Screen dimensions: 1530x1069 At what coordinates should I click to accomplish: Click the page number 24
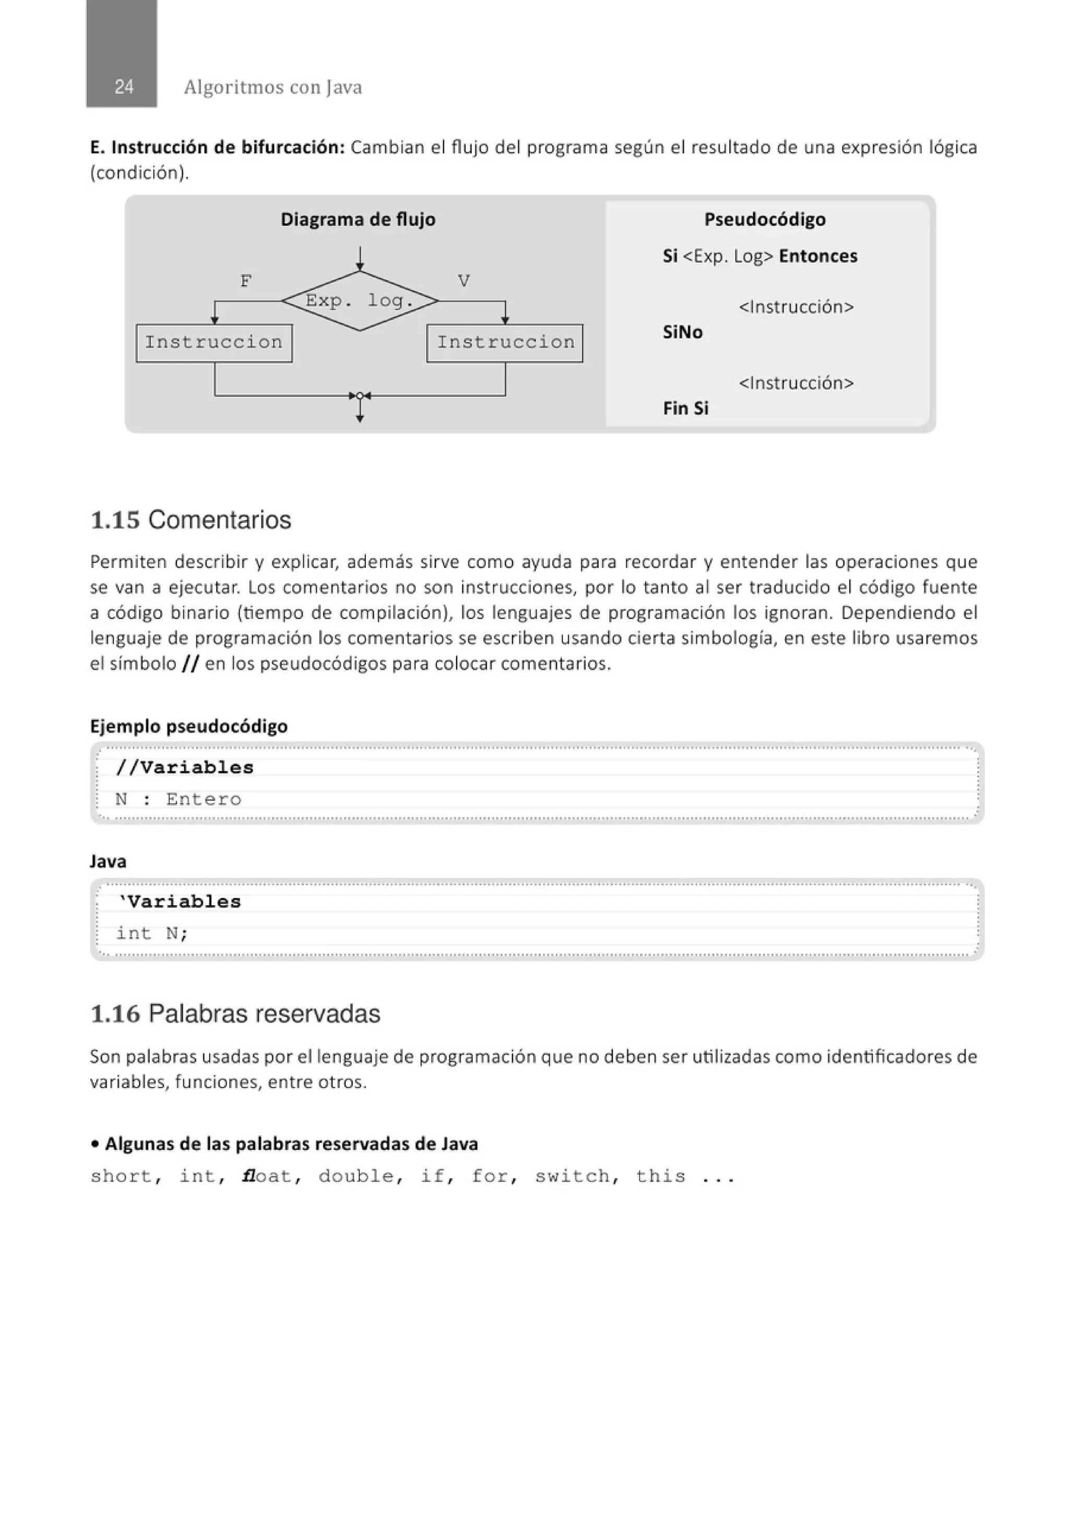click(124, 87)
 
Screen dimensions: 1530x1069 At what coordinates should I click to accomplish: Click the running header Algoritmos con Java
click(272, 87)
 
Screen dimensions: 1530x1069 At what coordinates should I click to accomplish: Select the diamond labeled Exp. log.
click(359, 301)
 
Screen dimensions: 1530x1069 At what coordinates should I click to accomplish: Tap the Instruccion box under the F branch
click(214, 342)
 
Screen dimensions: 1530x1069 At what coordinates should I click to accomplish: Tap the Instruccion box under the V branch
click(505, 342)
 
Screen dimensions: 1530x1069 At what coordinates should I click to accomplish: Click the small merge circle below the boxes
click(360, 396)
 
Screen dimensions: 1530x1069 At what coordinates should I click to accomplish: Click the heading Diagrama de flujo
click(358, 219)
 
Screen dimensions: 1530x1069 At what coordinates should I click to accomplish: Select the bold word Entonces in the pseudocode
click(818, 256)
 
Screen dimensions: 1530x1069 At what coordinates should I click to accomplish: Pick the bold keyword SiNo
click(682, 332)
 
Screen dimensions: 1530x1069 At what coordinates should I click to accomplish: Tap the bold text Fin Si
click(685, 408)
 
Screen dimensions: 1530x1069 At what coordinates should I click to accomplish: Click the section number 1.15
click(115, 520)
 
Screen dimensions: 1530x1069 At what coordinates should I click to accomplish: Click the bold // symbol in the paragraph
click(190, 663)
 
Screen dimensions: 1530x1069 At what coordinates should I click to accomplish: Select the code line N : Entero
click(178, 799)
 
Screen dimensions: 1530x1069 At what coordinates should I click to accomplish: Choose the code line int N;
click(152, 933)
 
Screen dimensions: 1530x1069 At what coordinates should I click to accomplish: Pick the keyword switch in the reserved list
click(572, 1176)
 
